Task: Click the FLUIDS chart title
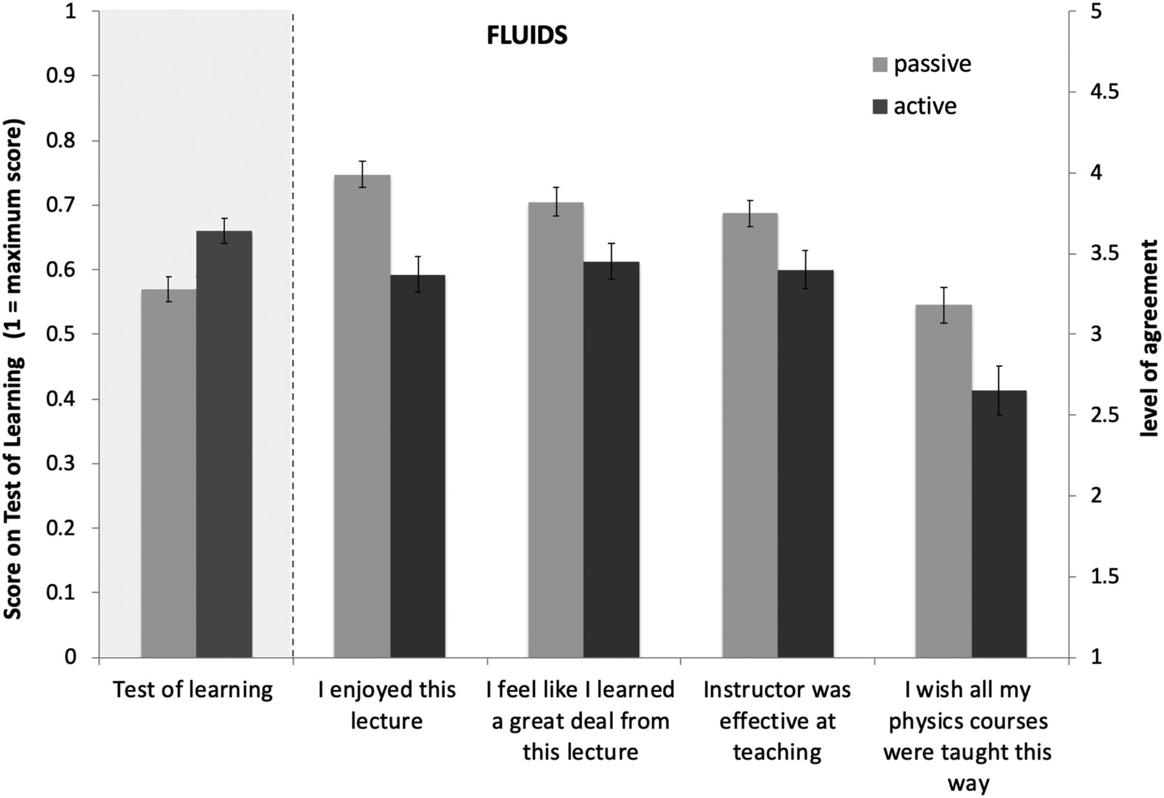pos(527,36)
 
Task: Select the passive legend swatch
pos(880,65)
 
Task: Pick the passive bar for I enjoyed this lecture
pos(362,416)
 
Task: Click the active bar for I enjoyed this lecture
pos(418,466)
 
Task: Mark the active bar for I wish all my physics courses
pos(999,524)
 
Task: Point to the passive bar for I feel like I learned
pos(556,430)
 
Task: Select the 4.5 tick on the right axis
pos(1103,92)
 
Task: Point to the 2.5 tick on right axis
pos(1103,415)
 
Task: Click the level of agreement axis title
pos(1149,338)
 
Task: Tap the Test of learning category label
pos(193,690)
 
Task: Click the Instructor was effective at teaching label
pos(777,720)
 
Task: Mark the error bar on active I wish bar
pos(999,390)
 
